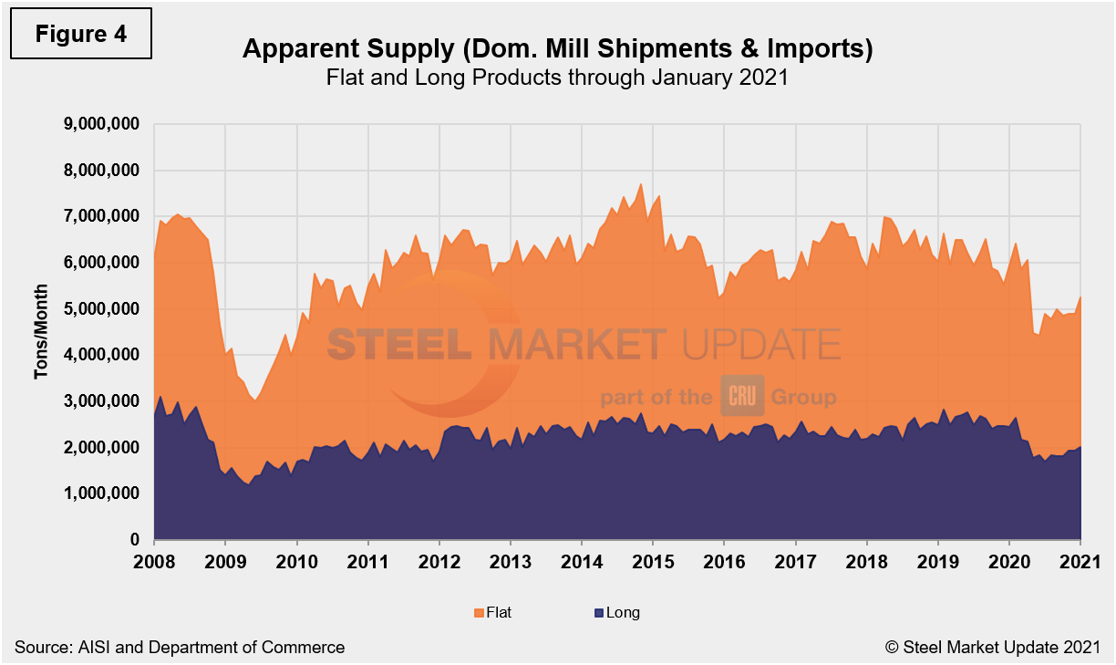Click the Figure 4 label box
tap(80, 35)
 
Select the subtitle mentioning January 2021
tap(557, 78)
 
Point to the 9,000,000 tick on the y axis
tap(100, 124)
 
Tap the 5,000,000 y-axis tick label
tap(100, 309)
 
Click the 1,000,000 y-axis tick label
tap(100, 494)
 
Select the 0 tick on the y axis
tap(133, 541)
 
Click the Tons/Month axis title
tap(41, 332)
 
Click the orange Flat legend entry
tap(491, 613)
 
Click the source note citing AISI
tap(180, 648)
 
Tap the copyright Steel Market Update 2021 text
tap(993, 648)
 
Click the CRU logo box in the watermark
tap(741, 397)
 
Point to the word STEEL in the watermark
tap(398, 345)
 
